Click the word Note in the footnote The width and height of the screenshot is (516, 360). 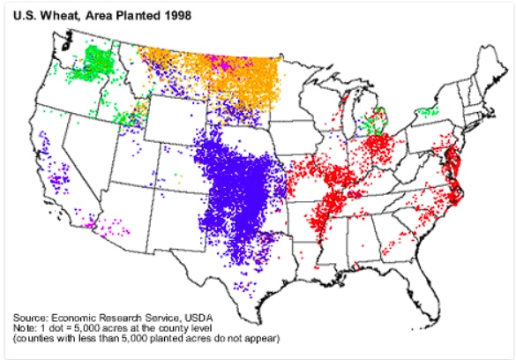pyautogui.click(x=25, y=327)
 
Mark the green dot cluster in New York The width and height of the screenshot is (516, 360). pyautogui.click(x=430, y=111)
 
